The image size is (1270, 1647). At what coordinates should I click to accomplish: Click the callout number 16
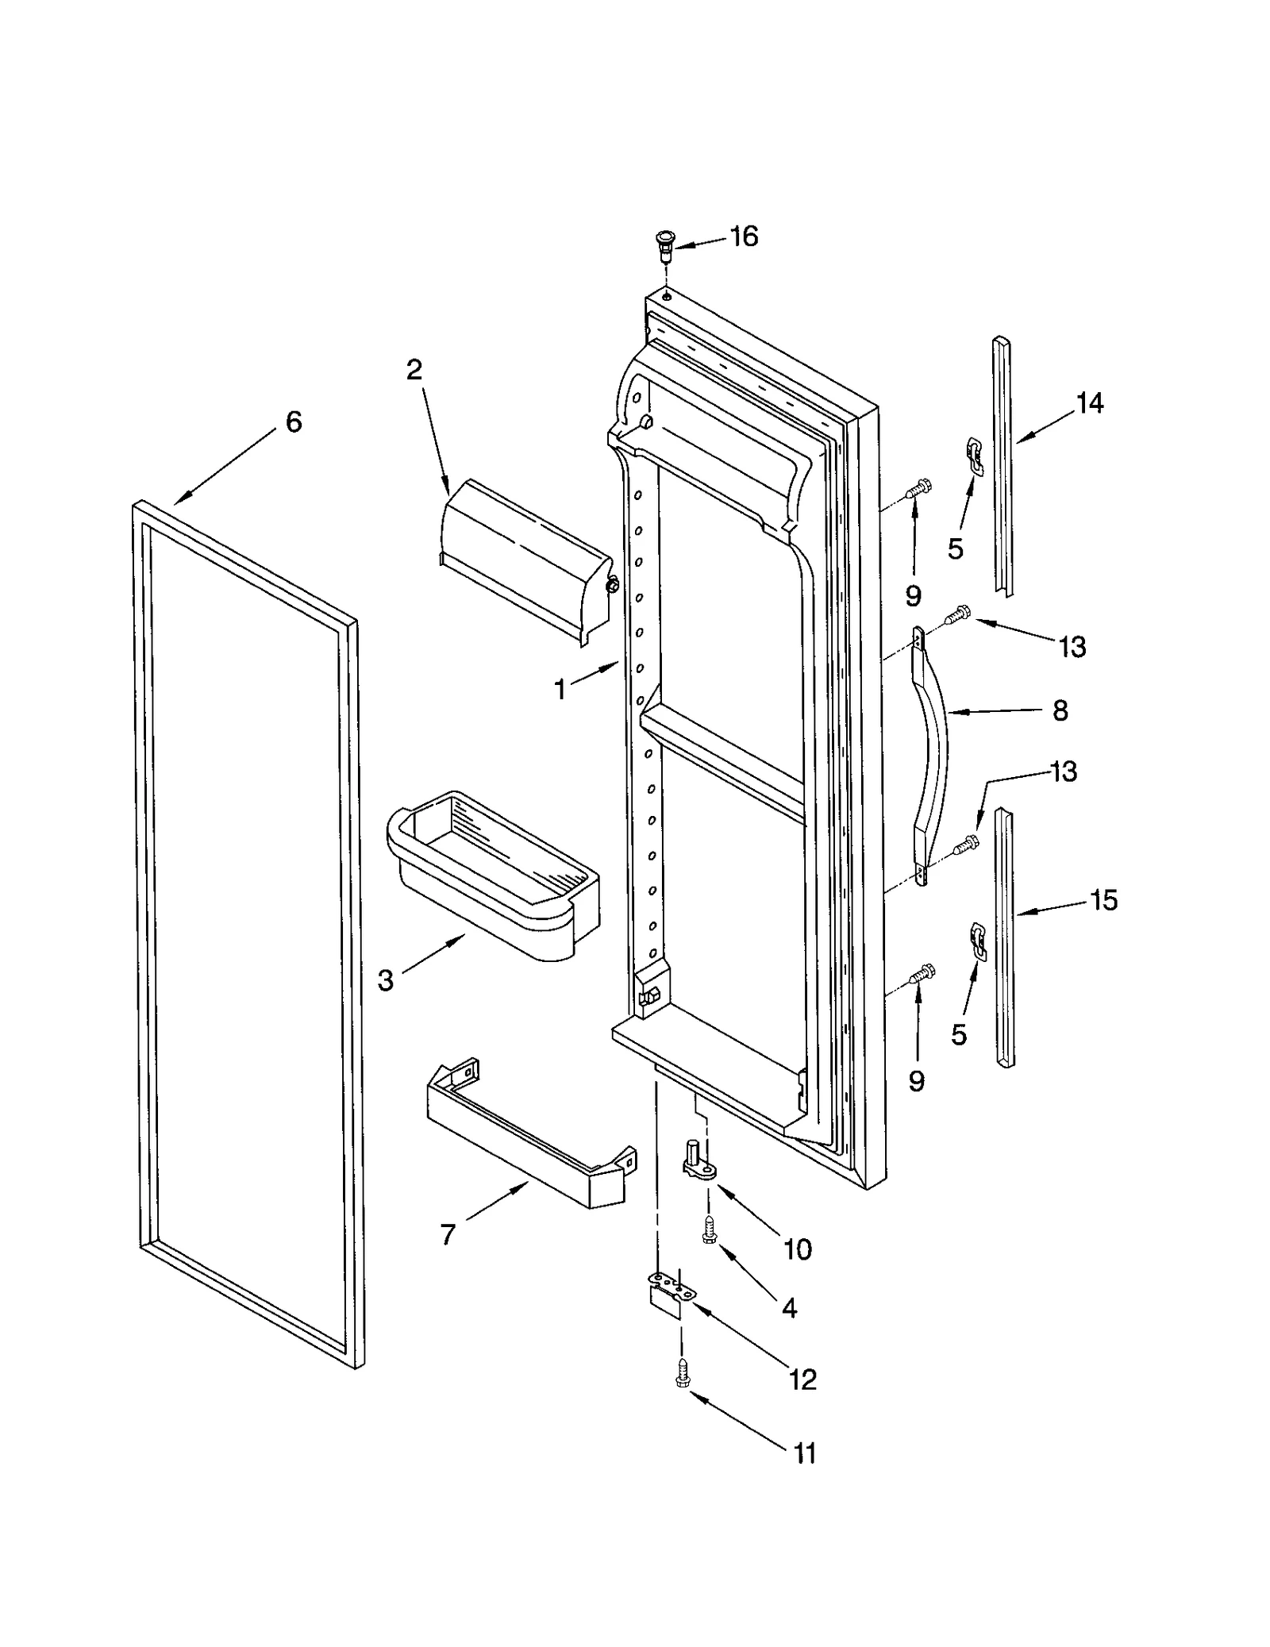[x=744, y=236]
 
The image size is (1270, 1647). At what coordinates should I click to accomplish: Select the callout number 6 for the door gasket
[x=293, y=421]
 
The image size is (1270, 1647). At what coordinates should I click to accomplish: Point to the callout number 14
[x=1090, y=403]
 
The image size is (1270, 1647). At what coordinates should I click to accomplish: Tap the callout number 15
[x=1103, y=900]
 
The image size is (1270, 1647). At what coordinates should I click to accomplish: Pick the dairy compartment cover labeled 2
[x=524, y=560]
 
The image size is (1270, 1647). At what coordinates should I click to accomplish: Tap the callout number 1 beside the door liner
[x=560, y=690]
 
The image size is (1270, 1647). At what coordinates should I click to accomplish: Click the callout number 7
[x=448, y=1235]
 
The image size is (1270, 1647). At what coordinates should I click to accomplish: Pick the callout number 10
[x=797, y=1249]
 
